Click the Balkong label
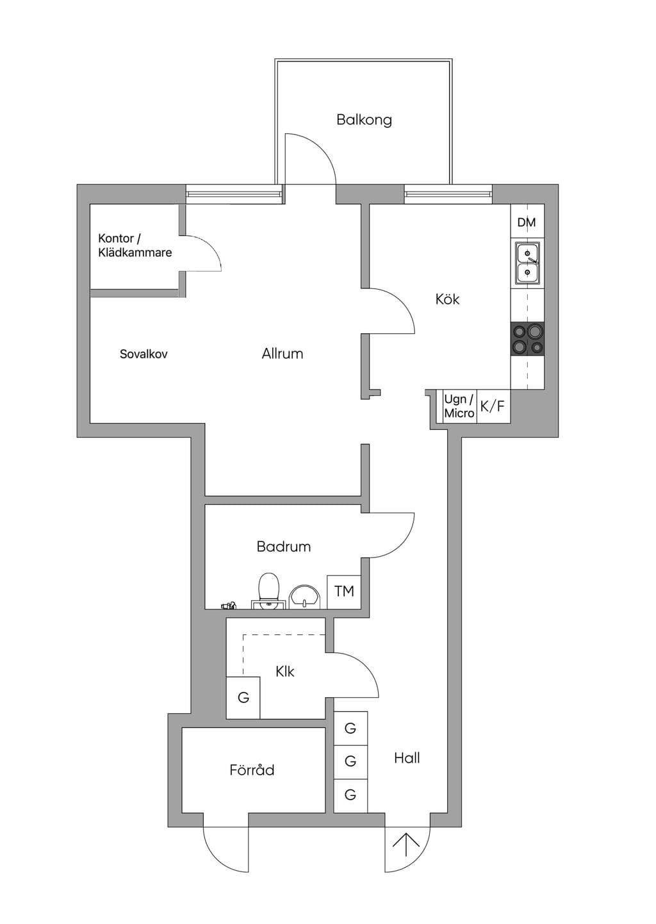(364, 120)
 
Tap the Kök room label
(447, 299)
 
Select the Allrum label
(283, 354)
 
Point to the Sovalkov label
(143, 354)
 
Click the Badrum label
(284, 547)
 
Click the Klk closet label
(285, 672)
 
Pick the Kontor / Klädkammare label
(135, 245)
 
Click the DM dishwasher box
(527, 221)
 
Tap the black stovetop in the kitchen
(527, 339)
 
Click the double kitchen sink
(527, 263)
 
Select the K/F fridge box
(493, 406)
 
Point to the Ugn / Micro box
(459, 406)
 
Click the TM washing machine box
(344, 592)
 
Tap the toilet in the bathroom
(269, 590)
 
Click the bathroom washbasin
(305, 597)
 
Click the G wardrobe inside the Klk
(243, 698)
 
